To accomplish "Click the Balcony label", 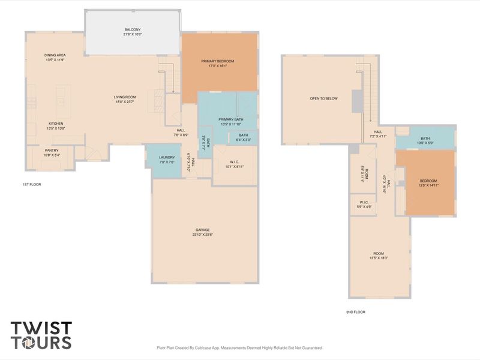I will tap(133, 29).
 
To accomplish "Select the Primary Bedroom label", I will tap(217, 61).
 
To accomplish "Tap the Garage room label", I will tap(202, 230).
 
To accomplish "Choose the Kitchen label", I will tap(55, 124).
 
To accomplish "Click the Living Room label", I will tap(125, 97).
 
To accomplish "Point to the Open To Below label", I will tap(323, 98).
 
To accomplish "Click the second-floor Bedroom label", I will tap(428, 181).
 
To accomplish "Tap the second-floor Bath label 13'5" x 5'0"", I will tap(425, 139).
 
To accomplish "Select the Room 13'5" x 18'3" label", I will tap(379, 254).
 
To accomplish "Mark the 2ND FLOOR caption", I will tap(355, 312).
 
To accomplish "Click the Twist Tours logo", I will tap(41, 335).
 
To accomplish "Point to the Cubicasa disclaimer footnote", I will tap(239, 348).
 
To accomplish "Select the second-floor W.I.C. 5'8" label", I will tap(364, 202).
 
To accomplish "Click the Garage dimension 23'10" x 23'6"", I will tap(202, 235).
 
